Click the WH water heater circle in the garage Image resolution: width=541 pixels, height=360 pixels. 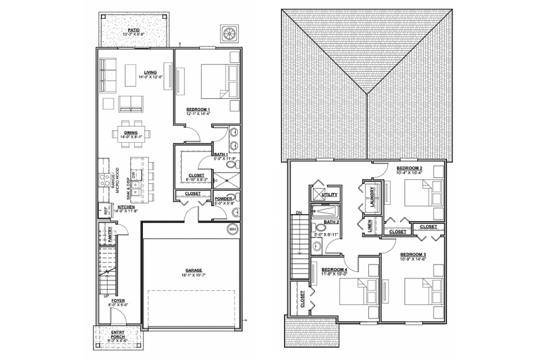click(233, 229)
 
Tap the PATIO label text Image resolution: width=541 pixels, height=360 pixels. click(134, 30)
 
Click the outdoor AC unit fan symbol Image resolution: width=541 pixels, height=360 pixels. click(229, 34)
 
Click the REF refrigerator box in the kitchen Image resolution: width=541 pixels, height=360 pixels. click(102, 211)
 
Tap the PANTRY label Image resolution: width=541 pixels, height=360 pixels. click(109, 234)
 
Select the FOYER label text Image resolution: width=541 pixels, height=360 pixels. click(118, 301)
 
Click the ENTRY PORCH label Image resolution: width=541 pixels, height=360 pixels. click(118, 335)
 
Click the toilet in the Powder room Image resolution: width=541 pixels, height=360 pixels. click(235, 212)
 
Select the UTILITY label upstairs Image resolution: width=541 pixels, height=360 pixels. click(329, 194)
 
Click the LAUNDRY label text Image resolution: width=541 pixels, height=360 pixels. click(373, 197)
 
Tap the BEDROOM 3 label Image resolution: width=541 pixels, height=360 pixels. click(413, 254)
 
